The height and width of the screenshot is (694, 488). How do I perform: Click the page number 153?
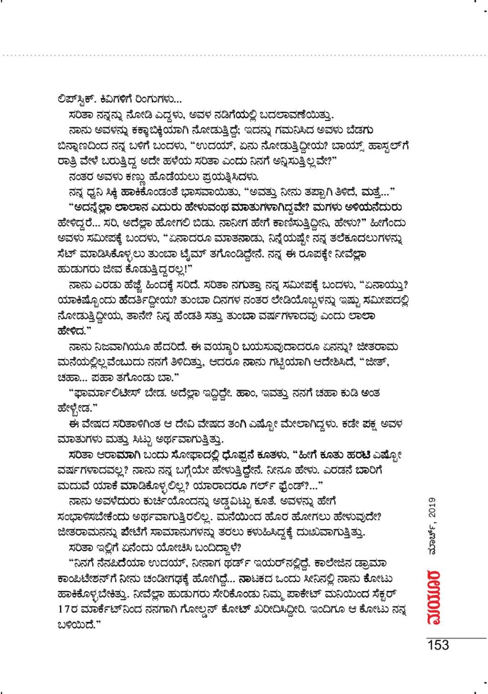[438, 645]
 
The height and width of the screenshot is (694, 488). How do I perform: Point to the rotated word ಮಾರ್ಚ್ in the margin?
[433, 543]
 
